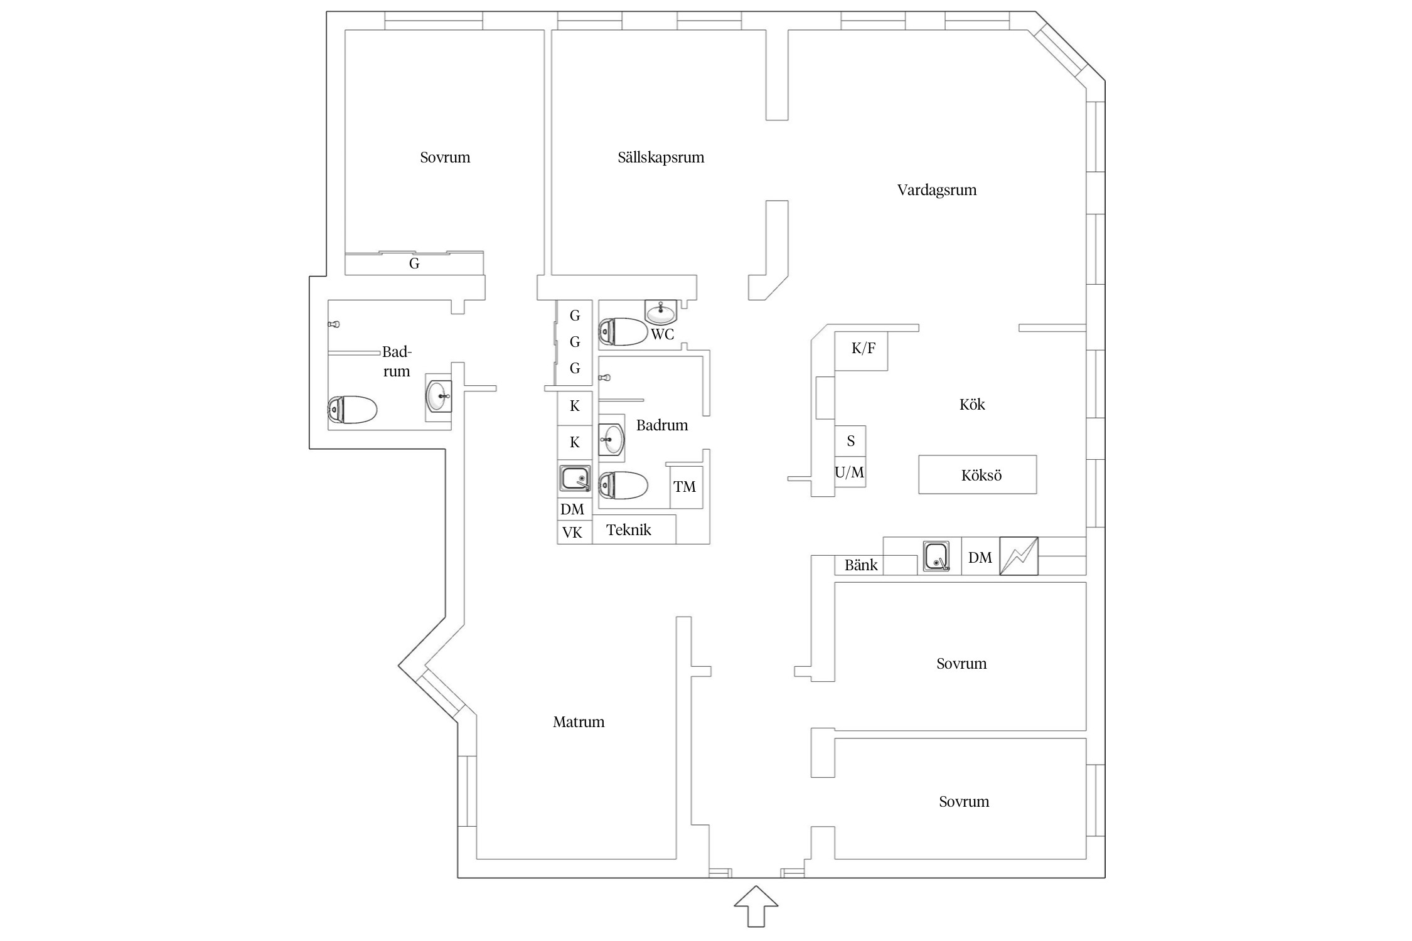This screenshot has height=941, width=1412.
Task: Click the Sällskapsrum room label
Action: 661,157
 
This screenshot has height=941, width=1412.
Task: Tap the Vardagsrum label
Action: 937,190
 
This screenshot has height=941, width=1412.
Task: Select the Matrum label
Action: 579,722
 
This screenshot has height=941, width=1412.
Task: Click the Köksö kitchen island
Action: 978,474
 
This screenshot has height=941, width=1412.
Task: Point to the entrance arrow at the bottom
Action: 756,906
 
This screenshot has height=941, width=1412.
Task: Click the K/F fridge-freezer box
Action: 861,351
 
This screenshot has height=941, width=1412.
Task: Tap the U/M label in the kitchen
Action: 850,472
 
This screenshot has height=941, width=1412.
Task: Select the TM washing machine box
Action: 686,487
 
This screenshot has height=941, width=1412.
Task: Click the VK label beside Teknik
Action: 572,533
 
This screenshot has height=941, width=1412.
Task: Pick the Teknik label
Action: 629,530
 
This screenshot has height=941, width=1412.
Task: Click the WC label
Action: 663,334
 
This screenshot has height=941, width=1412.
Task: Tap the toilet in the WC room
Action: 623,332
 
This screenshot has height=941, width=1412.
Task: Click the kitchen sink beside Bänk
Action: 936,556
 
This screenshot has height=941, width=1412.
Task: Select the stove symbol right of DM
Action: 1019,556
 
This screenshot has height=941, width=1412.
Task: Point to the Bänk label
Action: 861,565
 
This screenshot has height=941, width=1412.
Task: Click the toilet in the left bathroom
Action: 352,410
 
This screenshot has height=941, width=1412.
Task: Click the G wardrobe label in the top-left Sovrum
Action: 414,264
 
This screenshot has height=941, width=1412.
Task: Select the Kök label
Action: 972,405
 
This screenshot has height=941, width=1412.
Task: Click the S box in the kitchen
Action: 850,442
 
